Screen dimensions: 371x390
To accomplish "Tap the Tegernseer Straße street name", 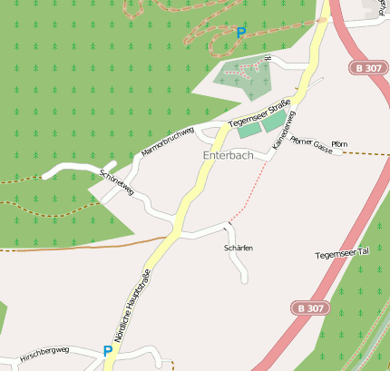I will [x=258, y=113].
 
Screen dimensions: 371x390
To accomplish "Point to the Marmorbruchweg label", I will [x=169, y=141].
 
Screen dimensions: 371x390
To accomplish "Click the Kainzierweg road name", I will [x=283, y=130].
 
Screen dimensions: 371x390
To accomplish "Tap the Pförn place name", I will [x=339, y=144].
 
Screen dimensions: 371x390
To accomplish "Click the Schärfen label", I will [x=238, y=248].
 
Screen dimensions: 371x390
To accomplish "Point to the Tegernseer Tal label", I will [x=342, y=253].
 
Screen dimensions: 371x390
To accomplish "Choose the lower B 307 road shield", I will [x=308, y=308].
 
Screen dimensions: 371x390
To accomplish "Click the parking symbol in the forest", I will [x=240, y=33].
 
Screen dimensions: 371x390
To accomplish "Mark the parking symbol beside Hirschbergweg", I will [x=108, y=350].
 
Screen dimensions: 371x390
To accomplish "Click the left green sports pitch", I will [x=249, y=130].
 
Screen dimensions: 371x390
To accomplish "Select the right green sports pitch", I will [x=273, y=122].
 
